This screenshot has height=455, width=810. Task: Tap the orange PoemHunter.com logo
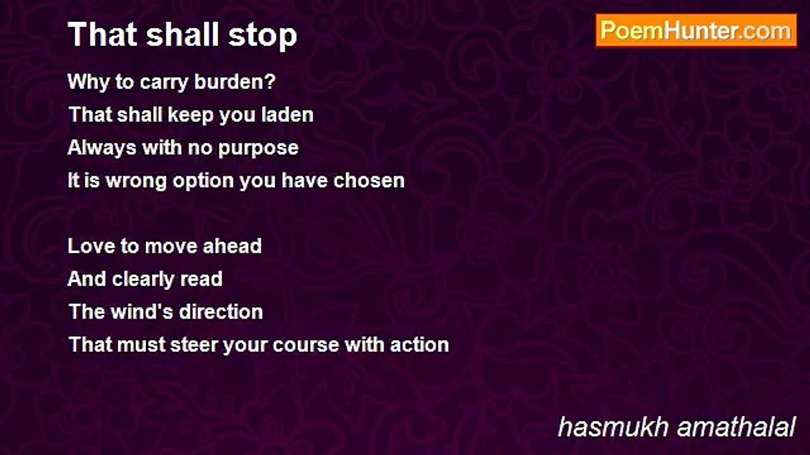point(696,31)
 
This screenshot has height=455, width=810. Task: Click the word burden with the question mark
point(235,82)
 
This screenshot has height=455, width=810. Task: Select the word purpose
point(258,149)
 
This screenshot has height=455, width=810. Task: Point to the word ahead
point(232,246)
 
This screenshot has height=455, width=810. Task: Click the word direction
point(221,312)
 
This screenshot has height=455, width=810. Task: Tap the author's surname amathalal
point(736,427)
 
